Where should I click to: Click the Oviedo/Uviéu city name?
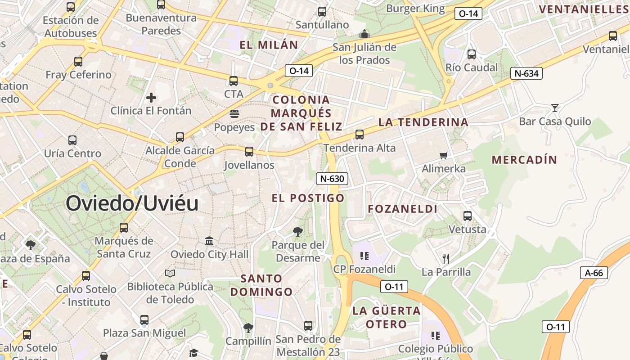132,204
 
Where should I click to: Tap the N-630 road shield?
332,179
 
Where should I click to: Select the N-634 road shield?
526,73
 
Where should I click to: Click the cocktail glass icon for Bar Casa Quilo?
555,108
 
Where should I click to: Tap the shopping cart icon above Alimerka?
444,156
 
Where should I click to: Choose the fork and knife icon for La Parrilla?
445,258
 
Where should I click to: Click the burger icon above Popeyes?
234,114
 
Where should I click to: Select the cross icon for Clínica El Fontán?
151,97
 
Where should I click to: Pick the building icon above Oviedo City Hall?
209,241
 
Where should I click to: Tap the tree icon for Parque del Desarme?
297,232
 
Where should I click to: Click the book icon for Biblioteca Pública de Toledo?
170,273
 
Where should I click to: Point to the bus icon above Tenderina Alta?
359,134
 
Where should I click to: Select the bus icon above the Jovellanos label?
249,152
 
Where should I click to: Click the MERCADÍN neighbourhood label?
524,160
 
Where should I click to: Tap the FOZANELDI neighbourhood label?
402,209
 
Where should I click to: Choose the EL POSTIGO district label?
308,198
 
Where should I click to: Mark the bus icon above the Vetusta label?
468,216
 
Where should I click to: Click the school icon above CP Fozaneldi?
364,256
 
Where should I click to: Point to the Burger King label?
415,8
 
